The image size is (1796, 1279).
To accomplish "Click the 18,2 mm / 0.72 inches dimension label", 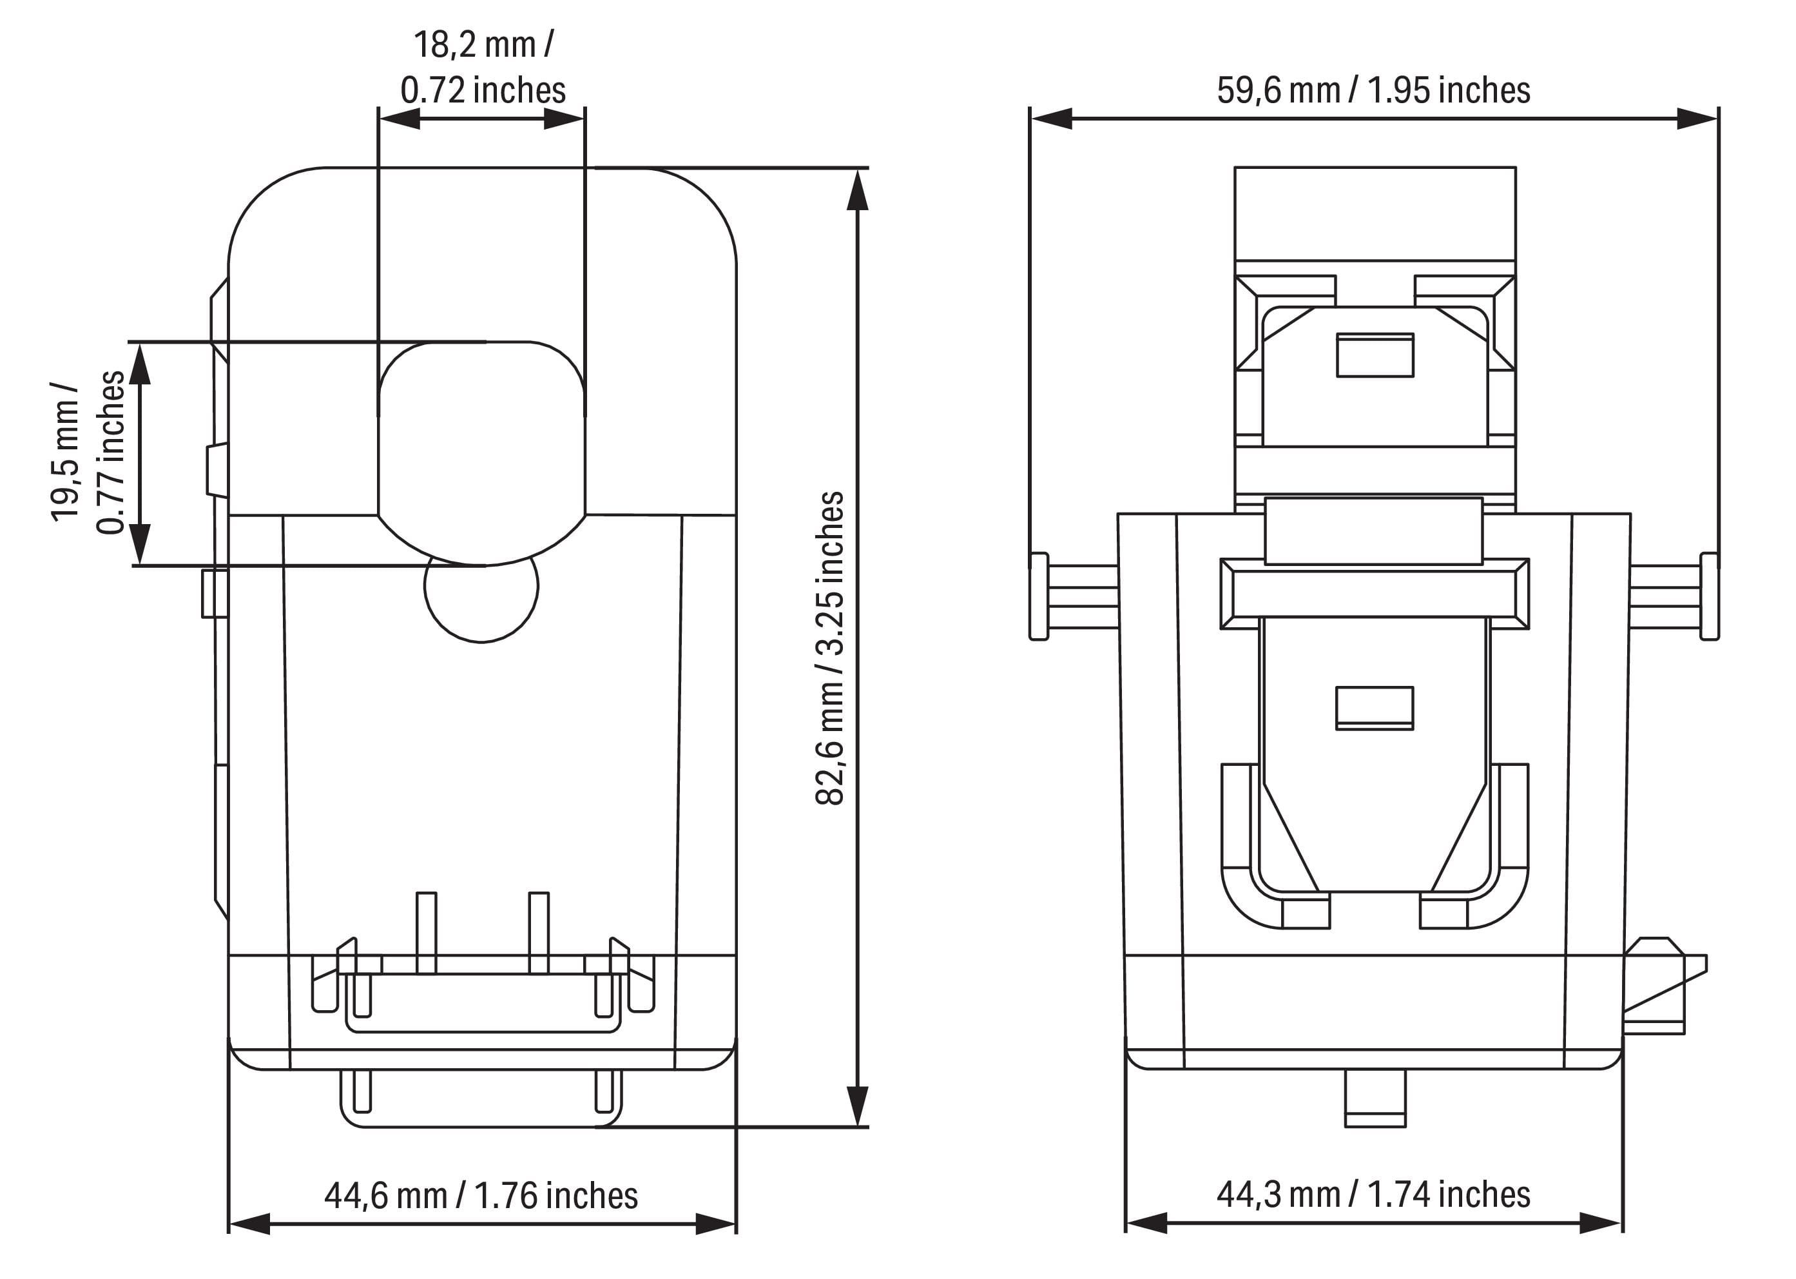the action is [483, 68].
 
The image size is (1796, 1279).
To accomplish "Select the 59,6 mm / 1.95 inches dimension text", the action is [1373, 90].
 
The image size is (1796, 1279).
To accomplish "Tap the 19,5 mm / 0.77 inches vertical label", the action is [88, 453].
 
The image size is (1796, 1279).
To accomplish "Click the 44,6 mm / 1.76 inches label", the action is [481, 1196].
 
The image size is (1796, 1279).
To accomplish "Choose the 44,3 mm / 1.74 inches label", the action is [1373, 1194].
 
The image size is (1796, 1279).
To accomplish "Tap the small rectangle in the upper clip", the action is [1375, 355].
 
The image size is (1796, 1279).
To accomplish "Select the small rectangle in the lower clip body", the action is [1375, 708].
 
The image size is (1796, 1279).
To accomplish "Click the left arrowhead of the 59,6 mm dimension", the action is [1050, 119].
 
